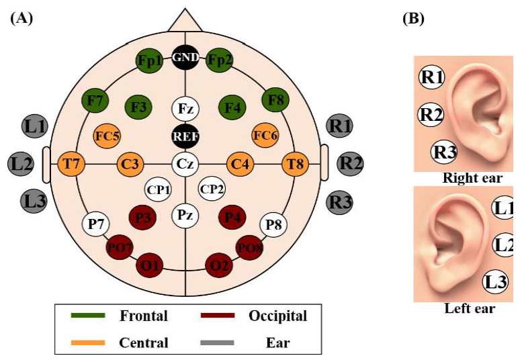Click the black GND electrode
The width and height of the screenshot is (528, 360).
click(x=185, y=58)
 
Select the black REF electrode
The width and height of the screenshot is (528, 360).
click(x=185, y=136)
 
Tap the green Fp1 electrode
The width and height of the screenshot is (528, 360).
click(x=149, y=60)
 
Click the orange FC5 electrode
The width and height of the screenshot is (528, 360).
click(x=107, y=136)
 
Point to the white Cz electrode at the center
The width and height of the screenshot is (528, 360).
click(x=185, y=163)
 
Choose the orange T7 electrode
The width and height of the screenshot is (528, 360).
click(x=71, y=163)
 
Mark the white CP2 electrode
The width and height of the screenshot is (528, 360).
click(x=212, y=189)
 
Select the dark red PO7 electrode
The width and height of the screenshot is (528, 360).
click(x=120, y=248)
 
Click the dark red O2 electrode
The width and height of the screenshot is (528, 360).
click(x=219, y=265)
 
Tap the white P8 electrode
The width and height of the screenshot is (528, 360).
click(x=273, y=224)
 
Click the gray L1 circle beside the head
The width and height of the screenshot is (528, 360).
click(x=33, y=125)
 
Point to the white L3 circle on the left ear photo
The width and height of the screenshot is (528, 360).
click(x=496, y=282)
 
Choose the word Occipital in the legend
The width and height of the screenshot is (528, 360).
click(x=277, y=316)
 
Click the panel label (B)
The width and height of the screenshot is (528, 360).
click(x=412, y=19)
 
